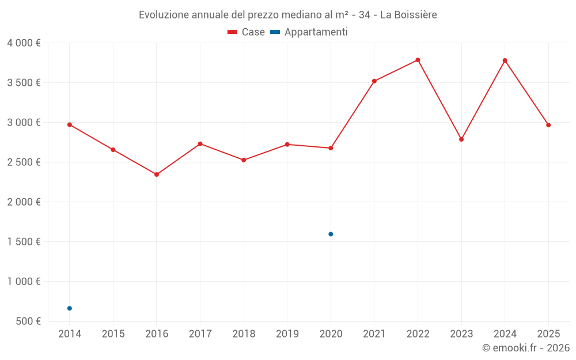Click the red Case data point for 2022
[418, 60]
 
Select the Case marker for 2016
[157, 175]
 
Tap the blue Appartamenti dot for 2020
[331, 234]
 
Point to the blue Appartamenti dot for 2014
[70, 308]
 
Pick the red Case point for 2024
[505, 60]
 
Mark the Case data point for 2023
[461, 139]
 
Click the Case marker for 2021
[374, 81]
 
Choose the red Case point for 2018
[244, 160]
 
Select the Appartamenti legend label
[316, 32]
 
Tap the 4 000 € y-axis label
[24, 43]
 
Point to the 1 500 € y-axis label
[24, 242]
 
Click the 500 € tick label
[28, 321]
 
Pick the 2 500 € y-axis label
[24, 162]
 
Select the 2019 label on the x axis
[287, 334]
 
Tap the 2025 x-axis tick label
[548, 334]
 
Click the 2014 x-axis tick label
[70, 334]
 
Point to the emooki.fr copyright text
[525, 348]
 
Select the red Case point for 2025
[548, 125]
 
